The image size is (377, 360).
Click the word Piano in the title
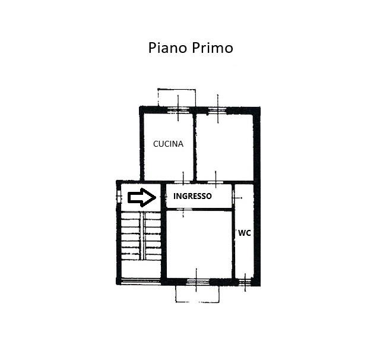coord(167,48)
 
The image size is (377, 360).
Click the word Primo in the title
coord(213,48)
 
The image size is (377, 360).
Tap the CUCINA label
coord(168,144)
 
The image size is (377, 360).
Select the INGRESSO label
coord(192,196)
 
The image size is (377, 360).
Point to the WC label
coord(245,233)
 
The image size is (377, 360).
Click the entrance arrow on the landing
coord(142,197)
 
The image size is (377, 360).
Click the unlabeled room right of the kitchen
coord(225,147)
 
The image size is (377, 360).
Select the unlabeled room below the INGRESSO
coord(199,245)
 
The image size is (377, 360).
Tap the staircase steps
coord(141,236)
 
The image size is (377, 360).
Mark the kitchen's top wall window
coord(178,110)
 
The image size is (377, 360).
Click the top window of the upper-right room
coord(218,110)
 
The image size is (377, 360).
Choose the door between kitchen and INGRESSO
coord(183,181)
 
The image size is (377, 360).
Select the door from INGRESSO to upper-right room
coord(216,181)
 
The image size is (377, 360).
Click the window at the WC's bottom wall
coord(245,282)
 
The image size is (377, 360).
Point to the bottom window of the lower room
coord(197,282)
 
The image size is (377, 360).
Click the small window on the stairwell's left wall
coord(118,197)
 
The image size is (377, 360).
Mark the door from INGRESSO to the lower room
coord(183,210)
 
